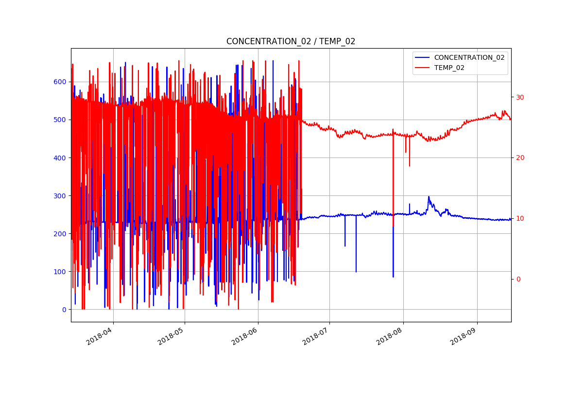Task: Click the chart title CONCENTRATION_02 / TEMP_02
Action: click(291, 42)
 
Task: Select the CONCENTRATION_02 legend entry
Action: click(469, 57)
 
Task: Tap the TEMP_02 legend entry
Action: click(449, 68)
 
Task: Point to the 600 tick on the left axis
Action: click(60, 82)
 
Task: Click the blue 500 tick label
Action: click(60, 120)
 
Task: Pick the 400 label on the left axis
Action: click(60, 157)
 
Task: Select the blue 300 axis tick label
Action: click(60, 195)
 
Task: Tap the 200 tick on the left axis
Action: click(60, 233)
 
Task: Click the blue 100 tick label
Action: click(60, 271)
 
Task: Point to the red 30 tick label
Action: click(520, 97)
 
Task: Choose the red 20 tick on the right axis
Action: click(520, 157)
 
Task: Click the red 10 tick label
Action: click(520, 218)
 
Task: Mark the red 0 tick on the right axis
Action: click(518, 279)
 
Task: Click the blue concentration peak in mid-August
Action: click(429, 197)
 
